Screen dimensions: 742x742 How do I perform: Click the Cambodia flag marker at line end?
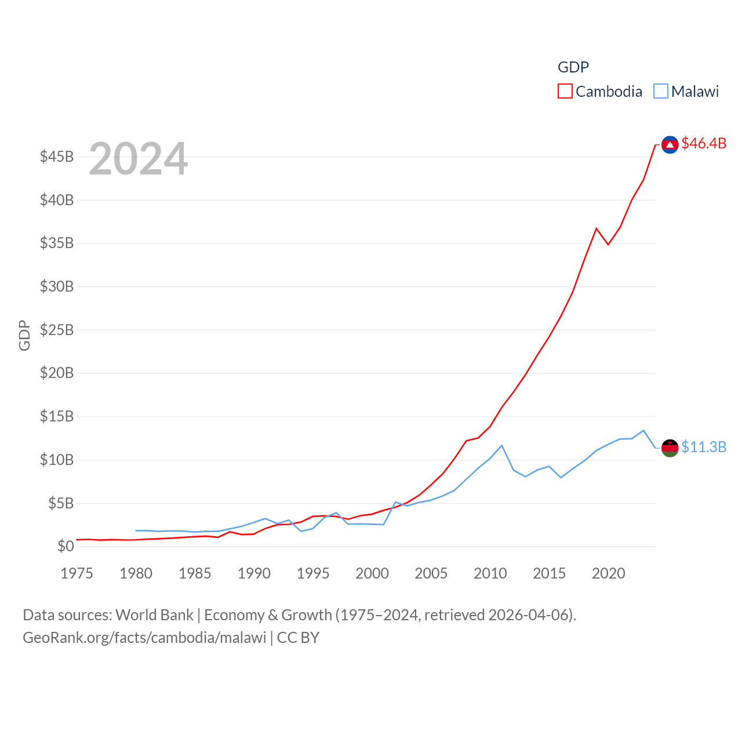670,144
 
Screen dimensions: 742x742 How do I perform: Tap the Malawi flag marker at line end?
670,448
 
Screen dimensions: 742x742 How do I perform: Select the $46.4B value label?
704,143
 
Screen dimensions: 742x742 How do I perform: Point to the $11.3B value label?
704,447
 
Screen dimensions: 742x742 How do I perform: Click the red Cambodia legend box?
565,92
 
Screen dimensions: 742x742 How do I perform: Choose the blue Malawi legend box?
660,92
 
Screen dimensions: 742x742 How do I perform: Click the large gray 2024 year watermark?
139,159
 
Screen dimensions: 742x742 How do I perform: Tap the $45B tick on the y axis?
57,157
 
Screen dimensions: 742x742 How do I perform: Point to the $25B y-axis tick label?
57,330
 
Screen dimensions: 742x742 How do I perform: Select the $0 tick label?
66,546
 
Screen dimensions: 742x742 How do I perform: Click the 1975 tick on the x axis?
77,573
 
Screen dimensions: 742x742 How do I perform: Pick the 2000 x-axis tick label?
372,573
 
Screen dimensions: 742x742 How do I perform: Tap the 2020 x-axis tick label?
608,573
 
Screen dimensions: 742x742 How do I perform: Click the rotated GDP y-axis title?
24,335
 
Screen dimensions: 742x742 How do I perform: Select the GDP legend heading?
573,67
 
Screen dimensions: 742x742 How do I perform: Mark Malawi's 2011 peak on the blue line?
501,445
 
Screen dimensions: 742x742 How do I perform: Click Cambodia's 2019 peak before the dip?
596,228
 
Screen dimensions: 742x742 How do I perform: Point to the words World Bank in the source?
154,615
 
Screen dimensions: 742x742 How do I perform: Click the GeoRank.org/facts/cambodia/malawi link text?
144,638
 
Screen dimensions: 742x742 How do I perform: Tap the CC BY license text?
298,638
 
